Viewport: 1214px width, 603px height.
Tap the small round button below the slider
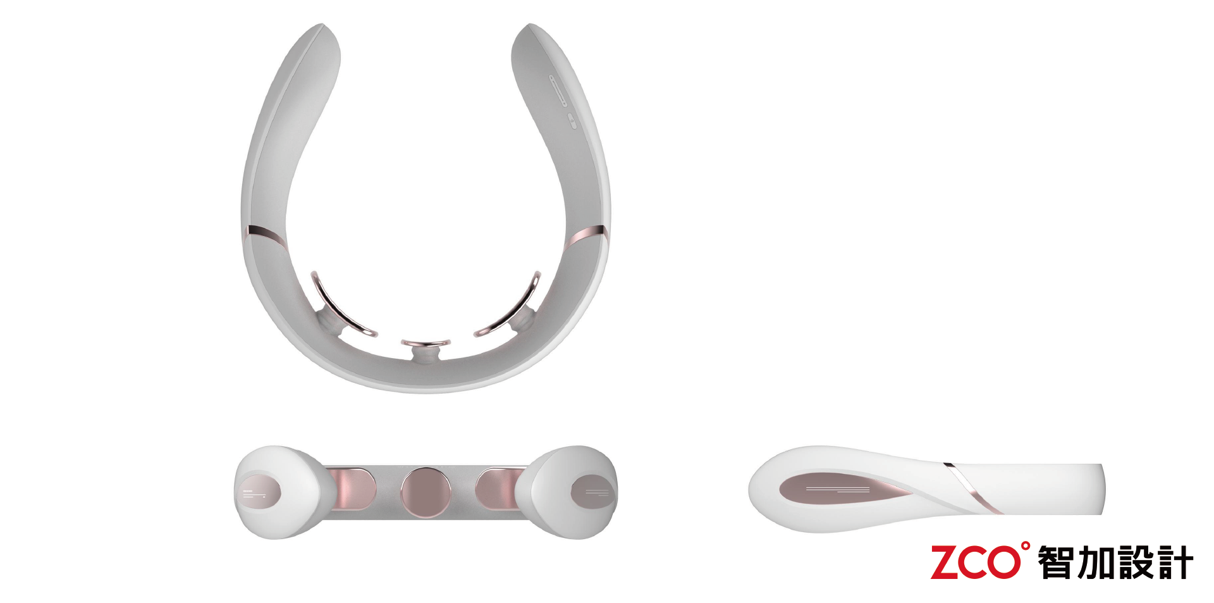[x=572, y=121]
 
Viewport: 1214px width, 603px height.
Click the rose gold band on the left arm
[x=264, y=233]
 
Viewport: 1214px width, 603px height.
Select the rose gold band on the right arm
[x=586, y=235]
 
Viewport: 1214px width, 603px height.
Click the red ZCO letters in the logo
[x=971, y=563]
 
